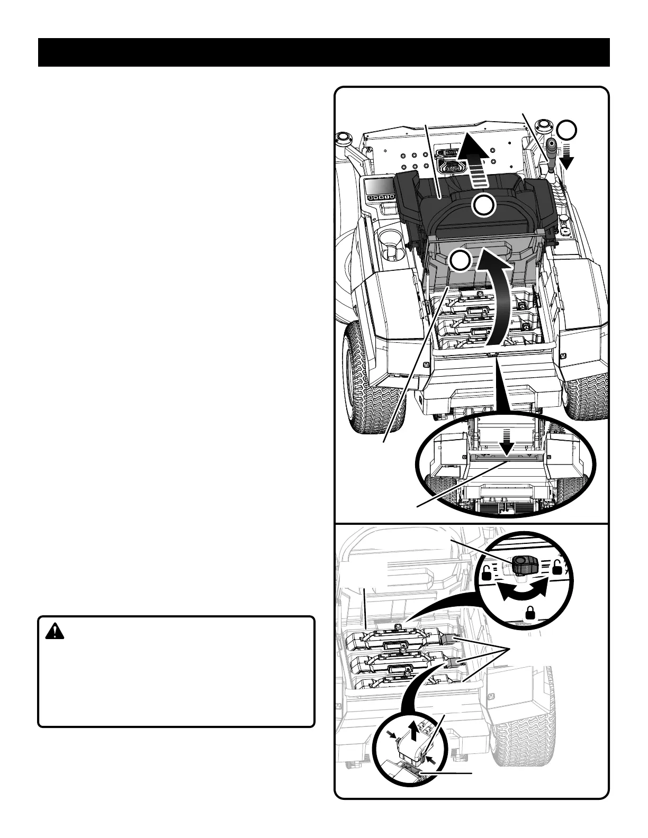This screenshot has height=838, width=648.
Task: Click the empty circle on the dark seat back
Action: pos(483,205)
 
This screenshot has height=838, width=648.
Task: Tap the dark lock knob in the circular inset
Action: pos(525,565)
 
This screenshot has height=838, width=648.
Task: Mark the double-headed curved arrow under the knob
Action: pos(523,591)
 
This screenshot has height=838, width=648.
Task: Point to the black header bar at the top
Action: pos(324,52)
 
